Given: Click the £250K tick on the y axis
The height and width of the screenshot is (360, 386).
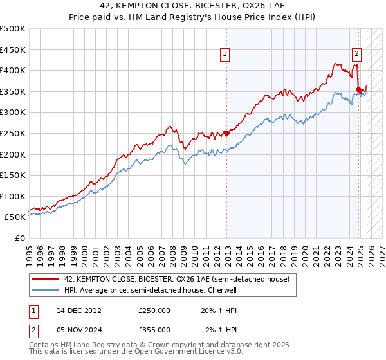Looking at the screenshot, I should pyautogui.click(x=13, y=133).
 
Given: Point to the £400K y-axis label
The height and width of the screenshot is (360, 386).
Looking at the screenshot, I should pyautogui.click(x=13, y=70).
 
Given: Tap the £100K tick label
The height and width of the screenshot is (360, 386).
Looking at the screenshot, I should pyautogui.click(x=13, y=196).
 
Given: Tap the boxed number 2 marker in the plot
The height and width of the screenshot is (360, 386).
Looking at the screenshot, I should pyautogui.click(x=356, y=55).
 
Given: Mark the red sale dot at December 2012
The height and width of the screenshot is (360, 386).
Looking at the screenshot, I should pyautogui.click(x=226, y=134).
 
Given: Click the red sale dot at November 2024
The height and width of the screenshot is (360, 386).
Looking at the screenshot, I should pyautogui.click(x=358, y=89).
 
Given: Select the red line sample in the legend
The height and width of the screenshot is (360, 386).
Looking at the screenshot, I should pyautogui.click(x=46, y=280).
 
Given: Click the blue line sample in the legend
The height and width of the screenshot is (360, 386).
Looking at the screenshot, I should pyautogui.click(x=46, y=290).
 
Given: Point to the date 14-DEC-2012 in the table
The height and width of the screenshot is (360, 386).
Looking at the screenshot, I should pyautogui.click(x=79, y=310).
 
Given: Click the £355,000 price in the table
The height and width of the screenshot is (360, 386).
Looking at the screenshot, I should pyautogui.click(x=154, y=329).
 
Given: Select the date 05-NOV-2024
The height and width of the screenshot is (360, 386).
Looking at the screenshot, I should pyautogui.click(x=79, y=329).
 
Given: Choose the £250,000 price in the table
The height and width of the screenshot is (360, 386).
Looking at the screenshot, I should pyautogui.click(x=154, y=310).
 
